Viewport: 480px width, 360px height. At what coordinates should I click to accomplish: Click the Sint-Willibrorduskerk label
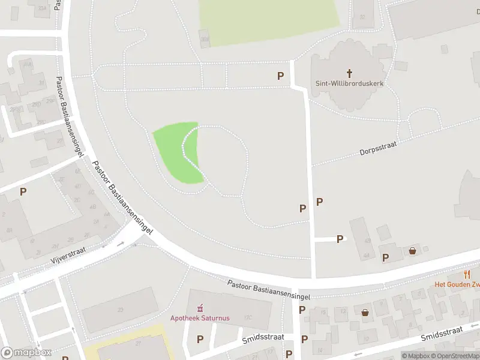click(349, 84)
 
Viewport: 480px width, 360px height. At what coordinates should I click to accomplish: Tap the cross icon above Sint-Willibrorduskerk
click(349, 73)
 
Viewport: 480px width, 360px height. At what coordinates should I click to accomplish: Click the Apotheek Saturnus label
click(200, 318)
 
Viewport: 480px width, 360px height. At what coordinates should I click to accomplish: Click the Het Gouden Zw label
click(457, 284)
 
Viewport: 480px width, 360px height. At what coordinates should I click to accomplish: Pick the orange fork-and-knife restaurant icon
click(467, 274)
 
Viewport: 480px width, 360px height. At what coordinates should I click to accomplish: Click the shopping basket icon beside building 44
click(413, 251)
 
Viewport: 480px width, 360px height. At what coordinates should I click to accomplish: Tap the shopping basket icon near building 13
click(365, 312)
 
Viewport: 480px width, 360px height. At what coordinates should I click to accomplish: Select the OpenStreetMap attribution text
click(450, 356)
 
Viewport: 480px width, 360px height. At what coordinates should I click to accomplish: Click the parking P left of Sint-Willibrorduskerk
click(280, 76)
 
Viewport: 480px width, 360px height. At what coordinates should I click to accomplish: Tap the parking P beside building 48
click(340, 239)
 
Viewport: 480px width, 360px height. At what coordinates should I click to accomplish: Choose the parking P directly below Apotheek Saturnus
click(200, 339)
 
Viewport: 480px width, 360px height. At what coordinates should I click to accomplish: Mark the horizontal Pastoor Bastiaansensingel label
click(269, 289)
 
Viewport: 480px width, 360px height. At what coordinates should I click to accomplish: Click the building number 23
click(120, 310)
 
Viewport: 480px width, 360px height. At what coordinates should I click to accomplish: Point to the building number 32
click(362, 17)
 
